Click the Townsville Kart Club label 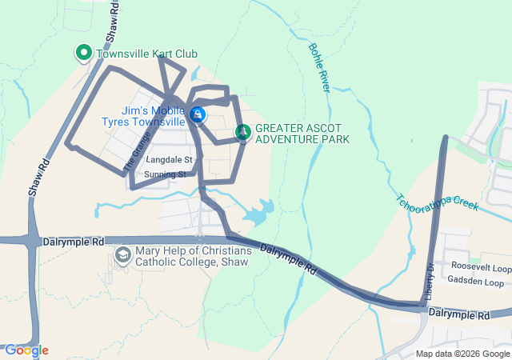[146, 54]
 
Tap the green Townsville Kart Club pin [83, 54]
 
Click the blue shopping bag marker [198, 115]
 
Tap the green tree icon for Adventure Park [242, 132]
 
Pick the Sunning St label [166, 174]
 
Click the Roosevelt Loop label [481, 267]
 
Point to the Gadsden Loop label [478, 282]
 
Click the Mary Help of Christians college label [193, 256]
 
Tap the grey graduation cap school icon [123, 256]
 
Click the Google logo [26, 350]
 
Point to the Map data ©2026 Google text [462, 354]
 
